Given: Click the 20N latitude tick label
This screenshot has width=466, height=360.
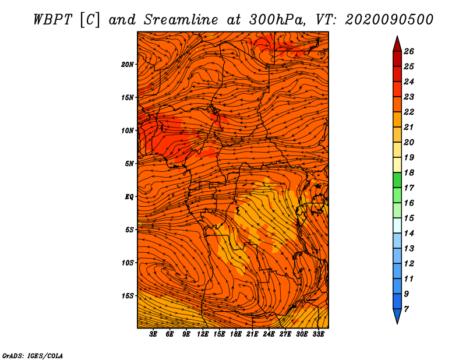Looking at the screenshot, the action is [128, 65].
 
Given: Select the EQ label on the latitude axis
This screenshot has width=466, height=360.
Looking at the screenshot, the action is [129, 197].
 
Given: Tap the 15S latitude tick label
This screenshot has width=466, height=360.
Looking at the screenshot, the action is [128, 296].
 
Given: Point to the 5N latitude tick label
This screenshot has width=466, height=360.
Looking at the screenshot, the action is [129, 164].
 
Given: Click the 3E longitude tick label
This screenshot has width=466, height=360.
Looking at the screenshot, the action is [153, 334].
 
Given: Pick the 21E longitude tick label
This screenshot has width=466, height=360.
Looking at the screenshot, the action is [252, 334].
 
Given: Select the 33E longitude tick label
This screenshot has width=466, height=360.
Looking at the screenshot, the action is [318, 334].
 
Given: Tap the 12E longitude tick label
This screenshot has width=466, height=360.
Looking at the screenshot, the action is [202, 334].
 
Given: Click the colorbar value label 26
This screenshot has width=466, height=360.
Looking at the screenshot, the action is [409, 51].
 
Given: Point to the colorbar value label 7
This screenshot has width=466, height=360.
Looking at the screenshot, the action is [406, 309].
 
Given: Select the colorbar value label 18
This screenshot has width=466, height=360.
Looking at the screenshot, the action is [409, 172].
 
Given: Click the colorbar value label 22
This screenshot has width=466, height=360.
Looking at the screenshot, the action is [409, 112].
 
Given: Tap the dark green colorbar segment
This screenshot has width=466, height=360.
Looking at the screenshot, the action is [397, 180].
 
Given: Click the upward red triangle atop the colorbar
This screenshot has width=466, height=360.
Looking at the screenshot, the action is [397, 45].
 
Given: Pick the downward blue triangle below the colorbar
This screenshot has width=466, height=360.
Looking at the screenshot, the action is [397, 316].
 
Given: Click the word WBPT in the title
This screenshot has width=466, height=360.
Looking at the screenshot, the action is [52, 20].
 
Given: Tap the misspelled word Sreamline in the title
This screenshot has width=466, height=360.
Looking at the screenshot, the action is [181, 20].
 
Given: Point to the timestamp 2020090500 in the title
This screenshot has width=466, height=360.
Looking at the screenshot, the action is [389, 20].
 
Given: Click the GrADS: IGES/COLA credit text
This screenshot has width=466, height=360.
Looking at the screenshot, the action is [33, 355].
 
